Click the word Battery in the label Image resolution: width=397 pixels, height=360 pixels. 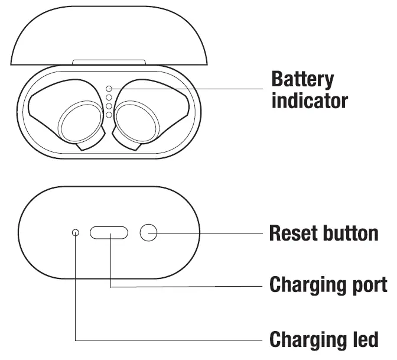(302, 79)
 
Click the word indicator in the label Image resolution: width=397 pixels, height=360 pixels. (309, 100)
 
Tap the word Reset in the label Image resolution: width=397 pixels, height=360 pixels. (293, 233)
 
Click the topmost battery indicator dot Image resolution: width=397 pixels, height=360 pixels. (109, 89)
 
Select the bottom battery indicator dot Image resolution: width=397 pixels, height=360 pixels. (109, 114)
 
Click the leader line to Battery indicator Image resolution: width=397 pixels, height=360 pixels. (189, 89)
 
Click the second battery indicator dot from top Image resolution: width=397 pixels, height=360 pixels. (109, 97)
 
